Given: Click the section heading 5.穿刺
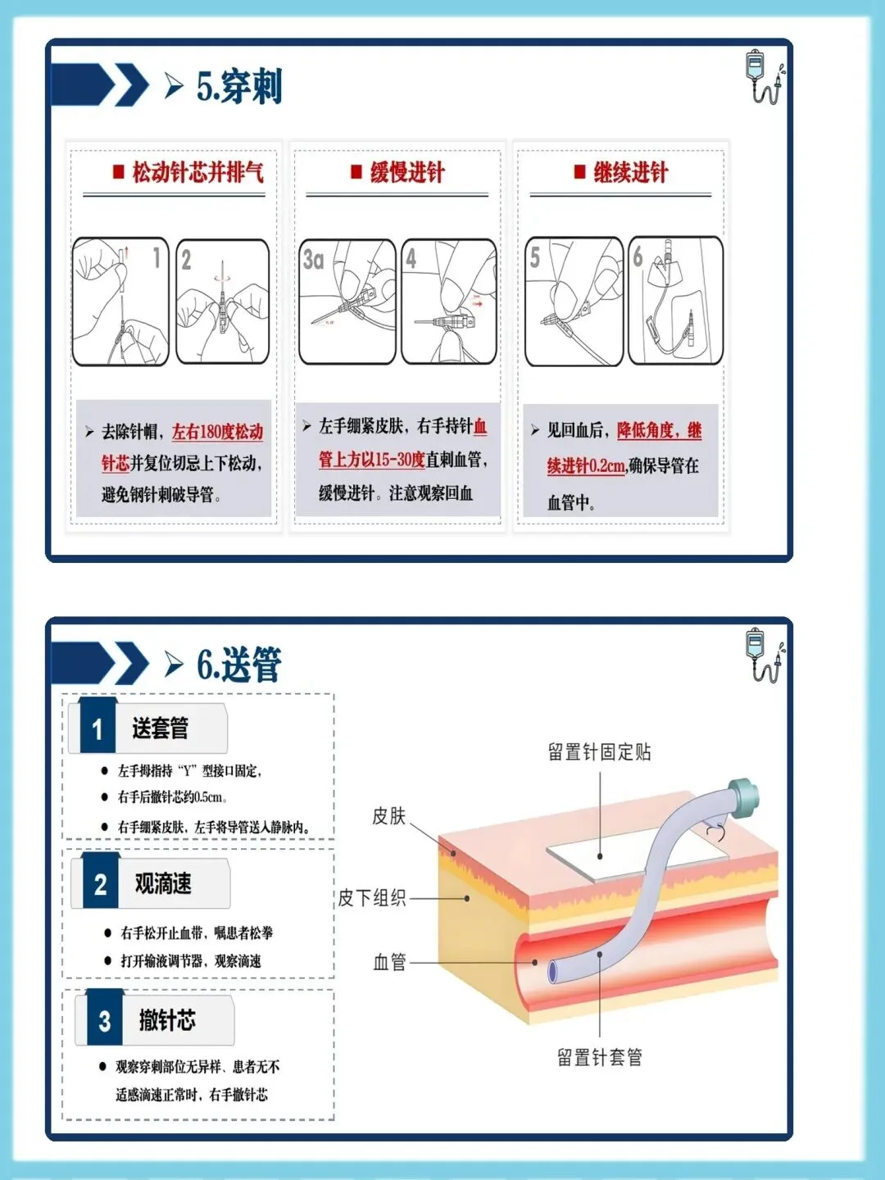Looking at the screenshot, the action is click(x=239, y=86).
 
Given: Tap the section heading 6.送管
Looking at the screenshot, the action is click(x=239, y=665).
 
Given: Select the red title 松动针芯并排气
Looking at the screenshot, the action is click(x=198, y=173).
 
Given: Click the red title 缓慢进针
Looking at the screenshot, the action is click(x=407, y=173).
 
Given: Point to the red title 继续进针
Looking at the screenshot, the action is click(x=631, y=173).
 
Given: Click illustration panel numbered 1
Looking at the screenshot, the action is click(x=121, y=302).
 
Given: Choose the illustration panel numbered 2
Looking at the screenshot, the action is click(x=222, y=302).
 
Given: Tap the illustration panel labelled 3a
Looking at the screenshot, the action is click(x=347, y=302).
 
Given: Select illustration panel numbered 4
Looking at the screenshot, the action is click(x=449, y=302).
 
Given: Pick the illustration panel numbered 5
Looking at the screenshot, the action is click(x=574, y=302).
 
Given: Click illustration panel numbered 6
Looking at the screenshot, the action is click(x=676, y=301).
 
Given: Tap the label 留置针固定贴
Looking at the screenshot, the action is click(x=599, y=752).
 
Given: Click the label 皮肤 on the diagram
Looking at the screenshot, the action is click(x=389, y=816).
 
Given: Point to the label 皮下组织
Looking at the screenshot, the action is click(x=372, y=898).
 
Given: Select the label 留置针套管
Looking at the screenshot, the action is click(x=600, y=1057).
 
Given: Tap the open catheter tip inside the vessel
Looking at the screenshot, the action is click(x=552, y=972).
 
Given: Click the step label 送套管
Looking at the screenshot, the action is click(x=160, y=728).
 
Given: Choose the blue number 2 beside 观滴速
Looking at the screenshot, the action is click(x=101, y=884).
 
